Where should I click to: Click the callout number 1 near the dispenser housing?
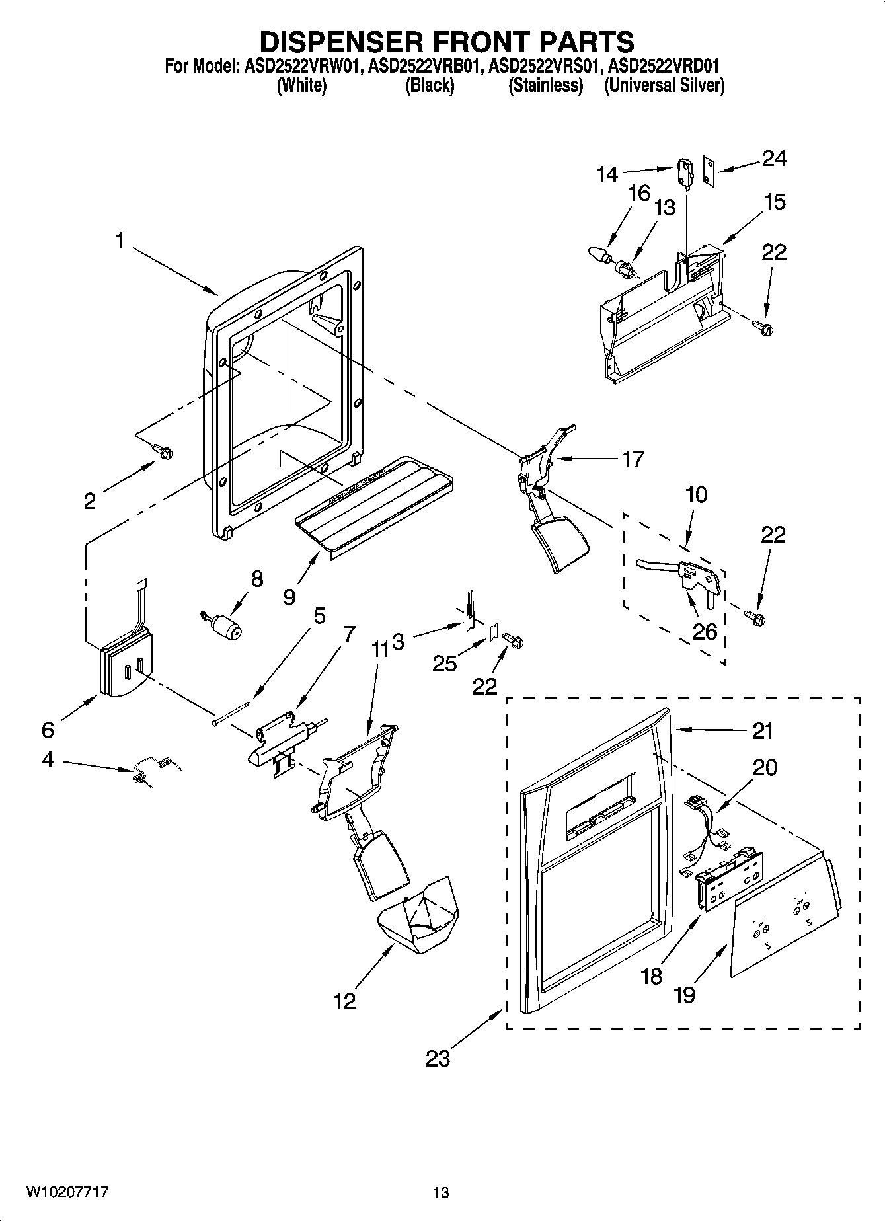pyautogui.click(x=120, y=242)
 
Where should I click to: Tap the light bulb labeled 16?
pyautogui.click(x=597, y=253)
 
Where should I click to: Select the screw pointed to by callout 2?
pyautogui.click(x=163, y=451)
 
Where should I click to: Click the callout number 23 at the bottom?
pyautogui.click(x=438, y=1058)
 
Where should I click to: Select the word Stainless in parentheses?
pyautogui.click(x=545, y=86)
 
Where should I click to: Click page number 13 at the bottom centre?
pyautogui.click(x=441, y=1192)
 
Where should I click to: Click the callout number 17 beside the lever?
pyautogui.click(x=633, y=459)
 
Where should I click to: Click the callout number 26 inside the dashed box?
pyautogui.click(x=705, y=631)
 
